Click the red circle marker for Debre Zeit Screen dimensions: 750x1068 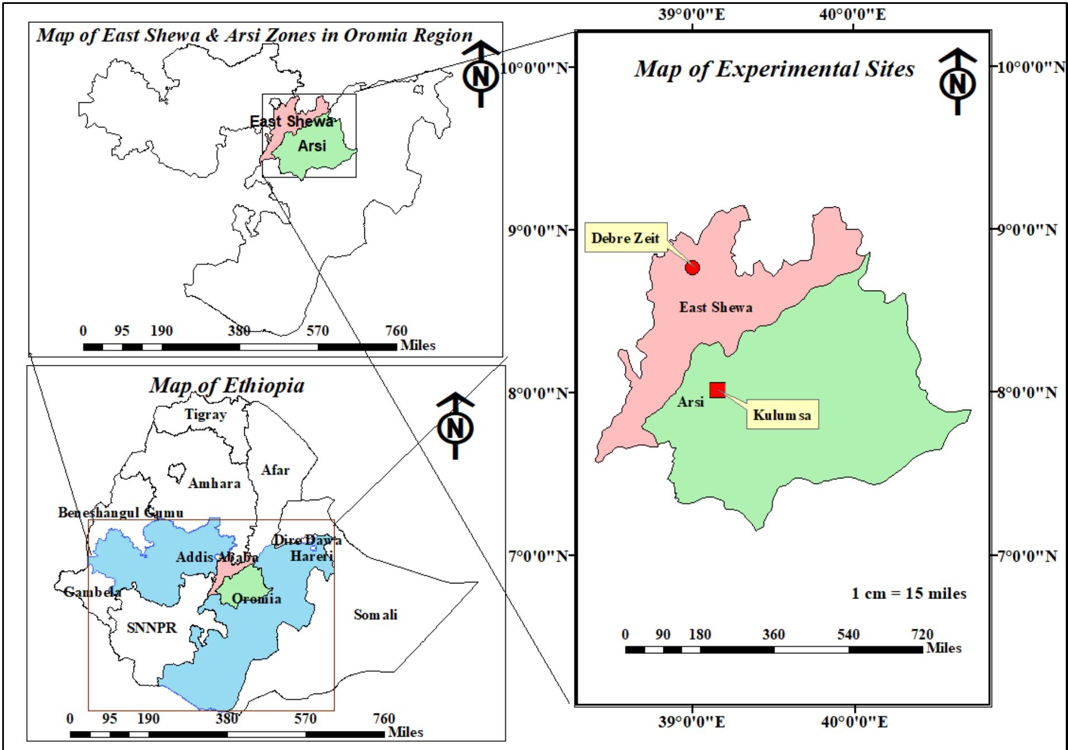click(692, 268)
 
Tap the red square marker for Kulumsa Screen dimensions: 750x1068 click(717, 390)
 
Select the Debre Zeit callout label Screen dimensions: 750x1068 click(625, 239)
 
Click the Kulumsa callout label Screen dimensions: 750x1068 click(782, 415)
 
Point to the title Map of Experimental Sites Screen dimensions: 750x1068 click(774, 69)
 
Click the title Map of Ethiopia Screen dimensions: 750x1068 click(226, 386)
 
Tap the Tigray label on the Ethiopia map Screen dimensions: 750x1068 click(206, 415)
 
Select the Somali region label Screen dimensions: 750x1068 click(375, 615)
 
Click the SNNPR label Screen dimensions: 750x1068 click(151, 628)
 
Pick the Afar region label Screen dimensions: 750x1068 click(276, 470)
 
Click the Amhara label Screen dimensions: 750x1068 click(214, 483)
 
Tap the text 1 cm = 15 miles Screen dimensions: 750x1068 click(908, 594)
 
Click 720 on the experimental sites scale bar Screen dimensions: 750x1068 click(922, 635)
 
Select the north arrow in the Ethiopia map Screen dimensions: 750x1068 click(455, 426)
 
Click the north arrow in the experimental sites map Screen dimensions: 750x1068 click(958, 82)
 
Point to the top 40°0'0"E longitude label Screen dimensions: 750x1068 click(852, 14)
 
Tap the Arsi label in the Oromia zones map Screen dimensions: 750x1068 click(311, 146)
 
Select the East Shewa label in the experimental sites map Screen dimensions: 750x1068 click(715, 307)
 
